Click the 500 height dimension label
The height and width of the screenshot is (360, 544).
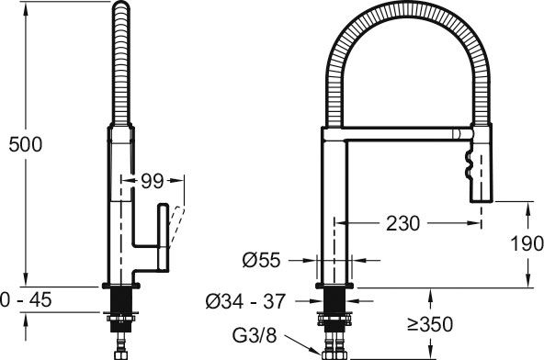tap(26, 144)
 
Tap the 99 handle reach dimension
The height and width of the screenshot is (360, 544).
tap(152, 181)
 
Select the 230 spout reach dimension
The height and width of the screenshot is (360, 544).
tap(402, 223)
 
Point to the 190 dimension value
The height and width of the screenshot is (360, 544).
tap(527, 243)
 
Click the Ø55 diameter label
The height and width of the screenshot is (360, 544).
tap(261, 260)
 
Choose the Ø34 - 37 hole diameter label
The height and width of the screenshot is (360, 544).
tap(245, 301)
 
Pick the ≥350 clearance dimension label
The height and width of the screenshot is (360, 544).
tap(430, 324)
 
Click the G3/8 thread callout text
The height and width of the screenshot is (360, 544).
tap(255, 335)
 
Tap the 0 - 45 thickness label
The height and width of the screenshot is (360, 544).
tap(26, 299)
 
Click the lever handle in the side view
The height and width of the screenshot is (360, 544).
tap(163, 237)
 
